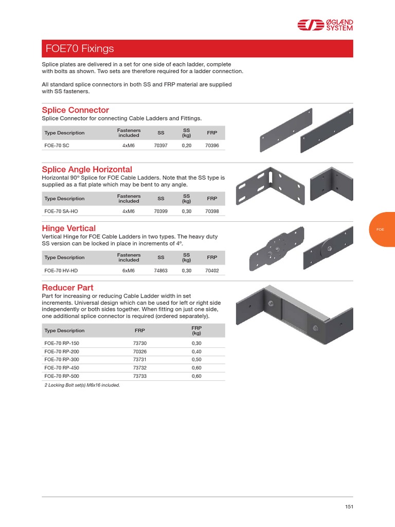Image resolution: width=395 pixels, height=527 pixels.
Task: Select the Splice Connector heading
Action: point(75,110)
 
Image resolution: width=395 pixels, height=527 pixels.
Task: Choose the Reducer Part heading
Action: point(67,287)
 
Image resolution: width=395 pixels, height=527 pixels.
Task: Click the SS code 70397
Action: point(161,146)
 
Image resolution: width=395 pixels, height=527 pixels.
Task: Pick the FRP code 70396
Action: point(212,146)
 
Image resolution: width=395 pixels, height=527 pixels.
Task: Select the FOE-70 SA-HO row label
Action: point(60,211)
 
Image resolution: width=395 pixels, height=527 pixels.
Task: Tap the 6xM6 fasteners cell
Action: point(129,270)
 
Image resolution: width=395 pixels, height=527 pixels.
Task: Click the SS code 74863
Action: point(161,270)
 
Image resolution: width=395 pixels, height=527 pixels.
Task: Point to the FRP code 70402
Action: point(212,270)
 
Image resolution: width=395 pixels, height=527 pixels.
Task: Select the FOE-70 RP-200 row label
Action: point(62,352)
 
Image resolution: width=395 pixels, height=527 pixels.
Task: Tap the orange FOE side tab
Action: point(381,229)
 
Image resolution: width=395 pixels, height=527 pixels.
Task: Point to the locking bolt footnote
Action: point(82,384)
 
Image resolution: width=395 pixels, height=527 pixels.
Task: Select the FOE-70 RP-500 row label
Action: point(62,376)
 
